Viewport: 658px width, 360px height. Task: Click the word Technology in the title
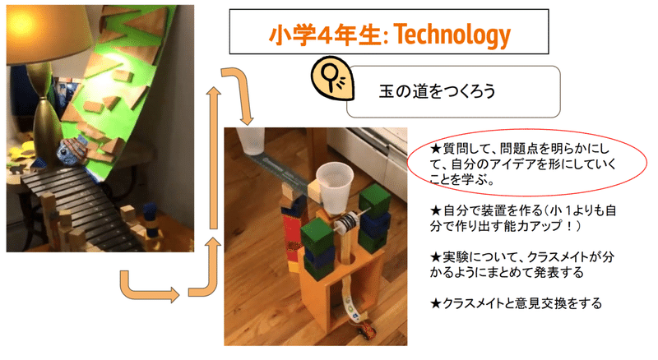pos(453,35)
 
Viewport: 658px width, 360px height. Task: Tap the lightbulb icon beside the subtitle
pos(332,79)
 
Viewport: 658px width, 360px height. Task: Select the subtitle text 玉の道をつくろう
pos(437,91)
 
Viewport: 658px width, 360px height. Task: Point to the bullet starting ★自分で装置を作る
pos(523,218)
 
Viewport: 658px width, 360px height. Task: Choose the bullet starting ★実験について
pos(522,265)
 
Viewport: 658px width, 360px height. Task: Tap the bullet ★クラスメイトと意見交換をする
pos(517,303)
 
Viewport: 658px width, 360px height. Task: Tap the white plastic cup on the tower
pos(335,188)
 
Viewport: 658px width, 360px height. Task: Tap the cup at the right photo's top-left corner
pos(251,141)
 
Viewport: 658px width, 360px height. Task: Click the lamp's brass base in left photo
pos(45,122)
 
